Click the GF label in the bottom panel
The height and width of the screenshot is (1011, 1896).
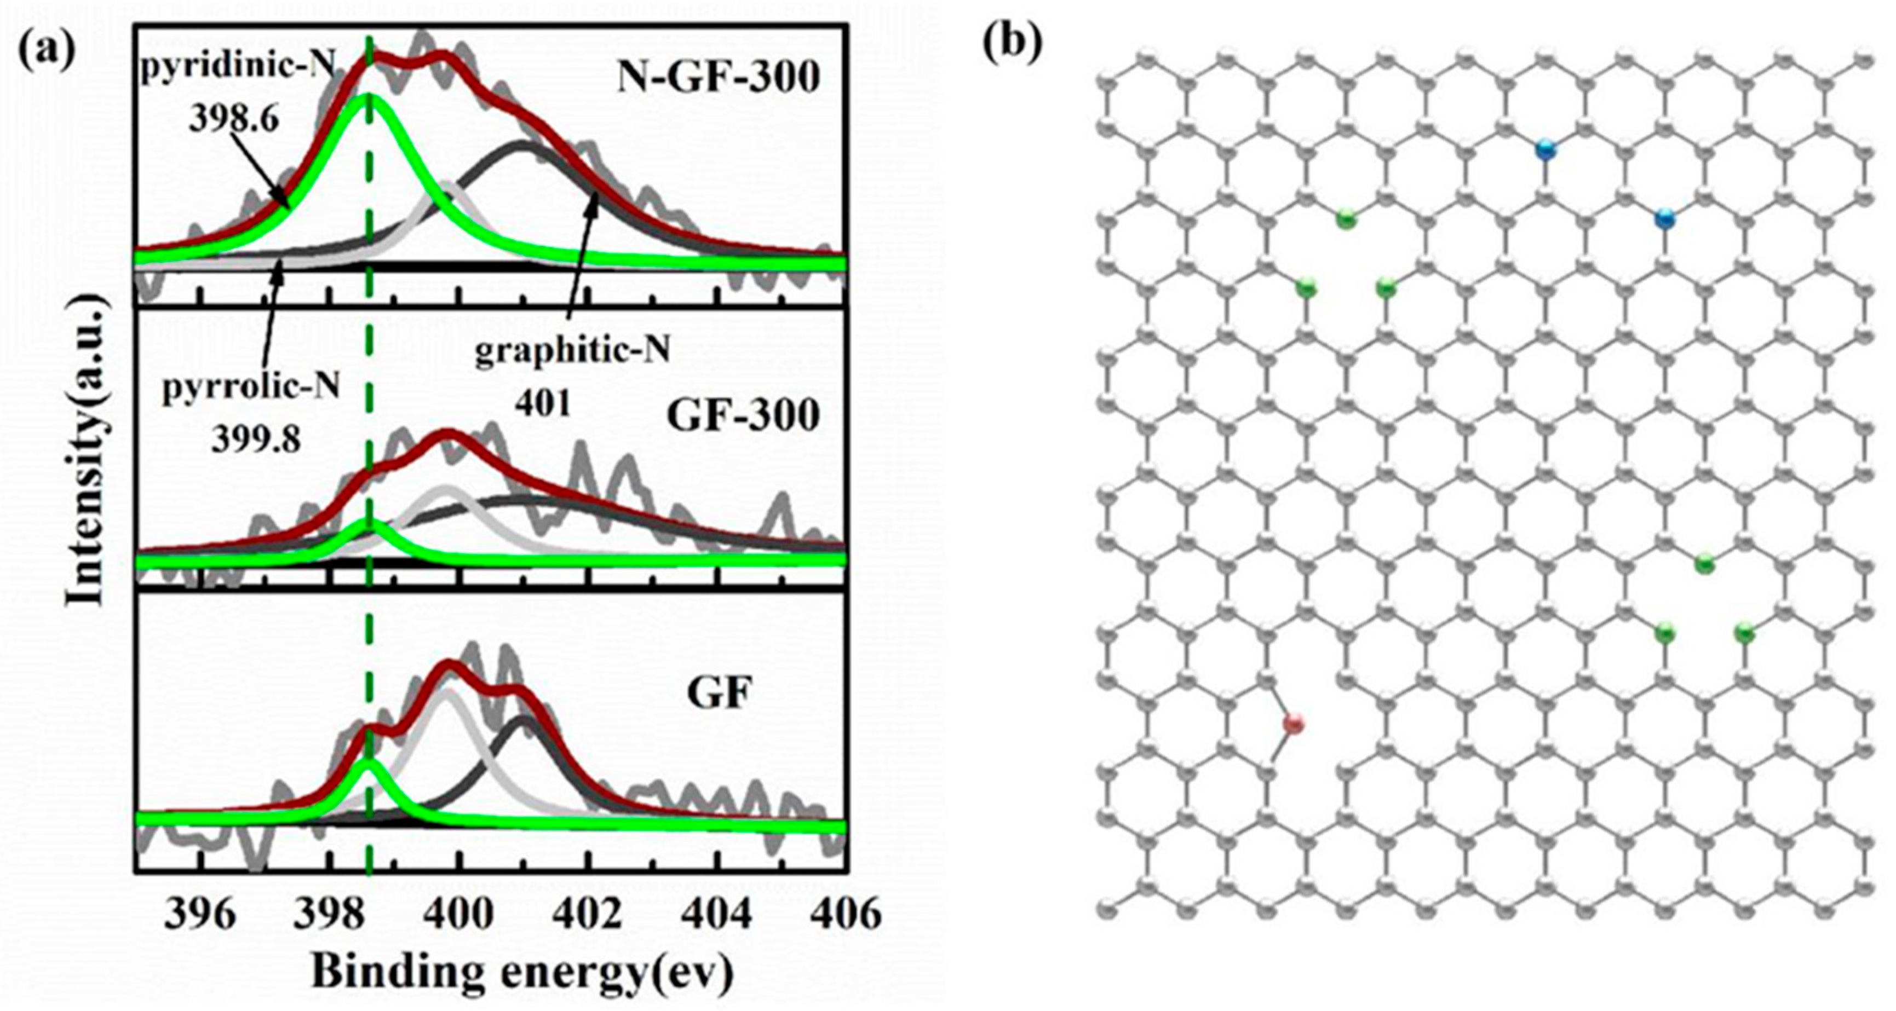point(719,692)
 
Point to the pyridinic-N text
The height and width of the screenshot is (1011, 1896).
point(238,67)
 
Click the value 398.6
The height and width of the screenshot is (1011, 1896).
point(234,118)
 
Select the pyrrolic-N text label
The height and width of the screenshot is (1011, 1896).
point(251,385)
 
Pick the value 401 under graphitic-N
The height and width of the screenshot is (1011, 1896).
point(542,404)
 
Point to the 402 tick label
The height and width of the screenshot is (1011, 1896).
point(589,915)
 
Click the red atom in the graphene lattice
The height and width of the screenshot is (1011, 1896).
point(1293,724)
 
